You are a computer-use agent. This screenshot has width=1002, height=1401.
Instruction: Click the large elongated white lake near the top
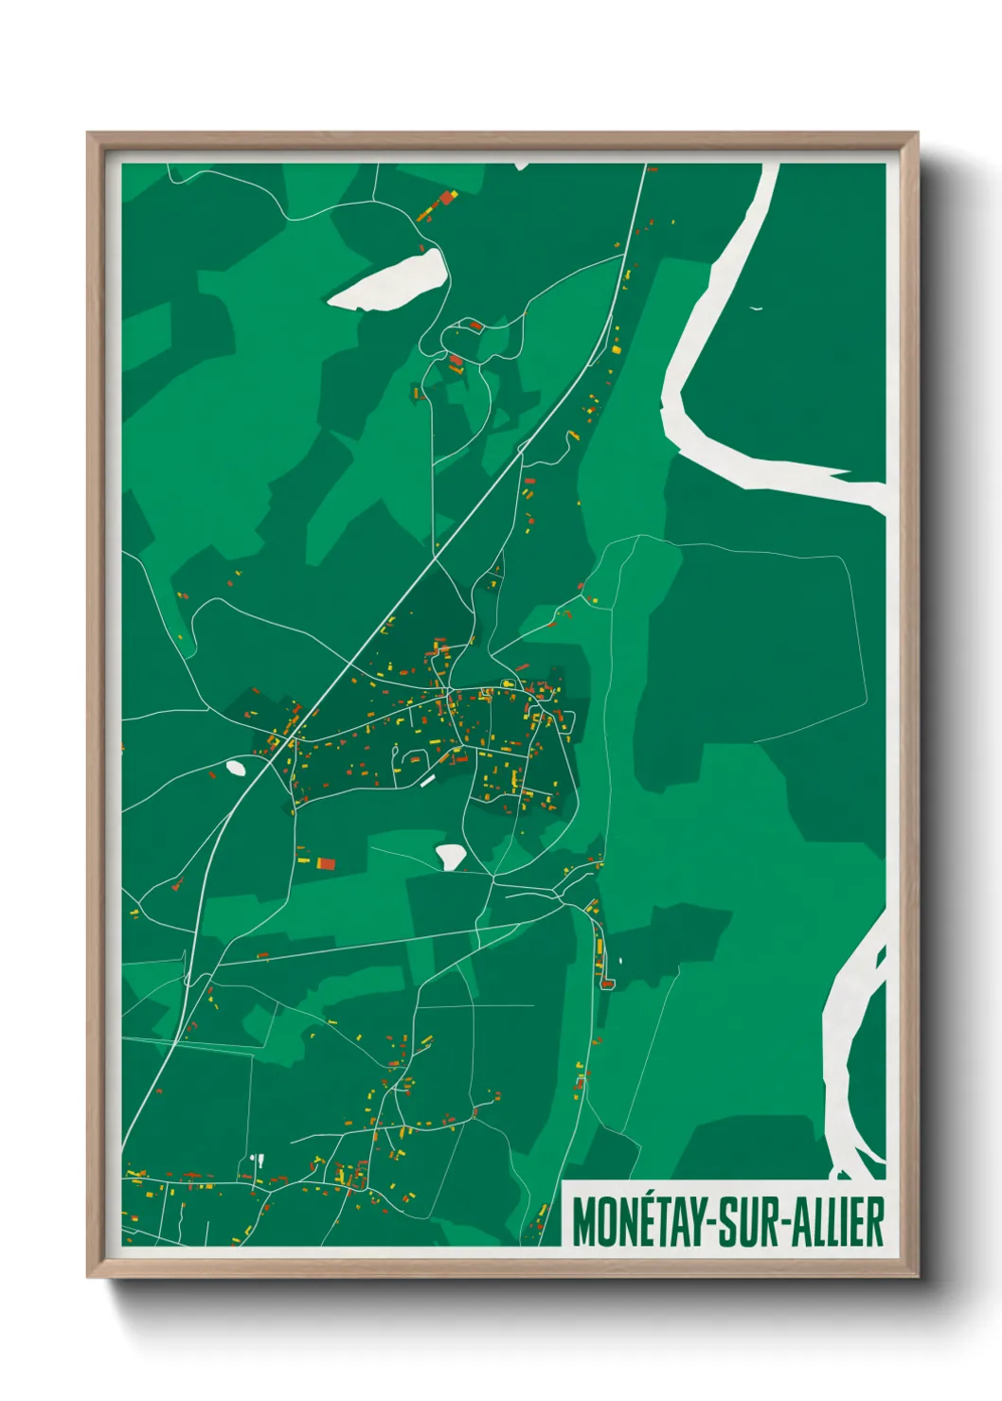390,280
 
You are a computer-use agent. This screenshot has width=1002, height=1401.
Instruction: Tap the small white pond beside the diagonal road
236,768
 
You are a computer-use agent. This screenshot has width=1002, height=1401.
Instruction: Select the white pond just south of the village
451,856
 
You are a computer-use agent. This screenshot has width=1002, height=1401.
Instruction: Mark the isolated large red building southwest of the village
325,862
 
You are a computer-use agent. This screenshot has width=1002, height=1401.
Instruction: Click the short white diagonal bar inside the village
427,780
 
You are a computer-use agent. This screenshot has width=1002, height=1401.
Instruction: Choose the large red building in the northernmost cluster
444,199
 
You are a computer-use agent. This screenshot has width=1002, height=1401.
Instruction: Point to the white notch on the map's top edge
521,166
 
